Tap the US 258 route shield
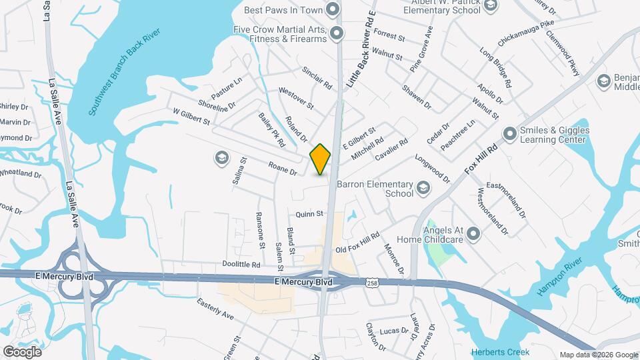coord(371,283)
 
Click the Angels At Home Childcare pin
coord(473,234)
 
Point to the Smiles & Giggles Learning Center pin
coord(510,134)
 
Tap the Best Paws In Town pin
coord(332,9)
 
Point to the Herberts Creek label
coord(500,352)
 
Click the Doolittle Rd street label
coord(241,265)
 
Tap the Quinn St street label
coord(309,214)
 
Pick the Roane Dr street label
coord(282,167)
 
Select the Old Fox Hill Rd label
coord(357,242)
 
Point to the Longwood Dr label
coord(433,167)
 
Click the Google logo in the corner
coord(22,351)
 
